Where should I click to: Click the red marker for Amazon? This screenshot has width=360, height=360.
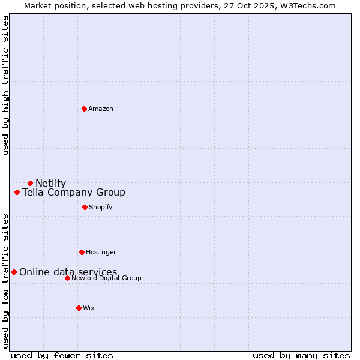[x=84, y=109]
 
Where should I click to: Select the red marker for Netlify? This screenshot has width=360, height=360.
[x=30, y=183]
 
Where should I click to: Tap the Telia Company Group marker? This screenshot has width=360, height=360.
[x=17, y=193]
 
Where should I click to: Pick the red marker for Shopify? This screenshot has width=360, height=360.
[x=85, y=207]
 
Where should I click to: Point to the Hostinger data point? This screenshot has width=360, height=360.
[x=82, y=252]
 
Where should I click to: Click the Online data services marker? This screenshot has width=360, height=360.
[x=14, y=272]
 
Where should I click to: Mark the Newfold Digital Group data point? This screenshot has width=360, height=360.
[x=67, y=278]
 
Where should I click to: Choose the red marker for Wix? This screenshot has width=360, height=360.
[x=79, y=308]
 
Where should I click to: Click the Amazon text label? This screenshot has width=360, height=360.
[x=101, y=109]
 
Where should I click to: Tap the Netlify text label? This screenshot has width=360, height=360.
[x=50, y=184]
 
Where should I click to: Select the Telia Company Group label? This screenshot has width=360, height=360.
[x=74, y=193]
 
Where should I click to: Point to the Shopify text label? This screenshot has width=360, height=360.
[x=100, y=208]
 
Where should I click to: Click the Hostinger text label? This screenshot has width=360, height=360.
[x=101, y=253]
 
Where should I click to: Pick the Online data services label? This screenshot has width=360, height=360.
[x=68, y=272]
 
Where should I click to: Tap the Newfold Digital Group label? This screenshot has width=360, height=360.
[x=106, y=278]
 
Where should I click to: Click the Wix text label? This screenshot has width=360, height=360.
[x=88, y=308]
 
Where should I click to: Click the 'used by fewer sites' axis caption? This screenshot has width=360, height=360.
[x=62, y=355]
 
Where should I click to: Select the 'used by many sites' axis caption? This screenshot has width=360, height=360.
[x=301, y=355]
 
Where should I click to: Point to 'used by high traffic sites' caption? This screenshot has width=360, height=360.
[x=5, y=85]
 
